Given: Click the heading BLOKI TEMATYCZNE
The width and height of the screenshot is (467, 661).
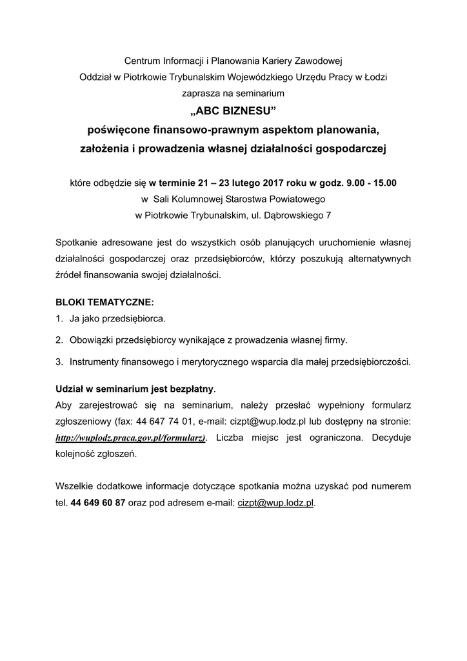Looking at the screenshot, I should click(105, 302).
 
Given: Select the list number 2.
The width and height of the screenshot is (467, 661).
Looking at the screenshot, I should click(59, 340).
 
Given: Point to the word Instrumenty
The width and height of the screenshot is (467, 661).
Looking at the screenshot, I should click(95, 361).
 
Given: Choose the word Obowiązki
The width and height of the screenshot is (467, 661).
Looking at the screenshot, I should click(92, 340).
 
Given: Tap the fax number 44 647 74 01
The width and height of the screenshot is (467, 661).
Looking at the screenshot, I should click(165, 422).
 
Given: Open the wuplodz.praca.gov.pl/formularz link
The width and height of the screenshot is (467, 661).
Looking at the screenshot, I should click(131, 438).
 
